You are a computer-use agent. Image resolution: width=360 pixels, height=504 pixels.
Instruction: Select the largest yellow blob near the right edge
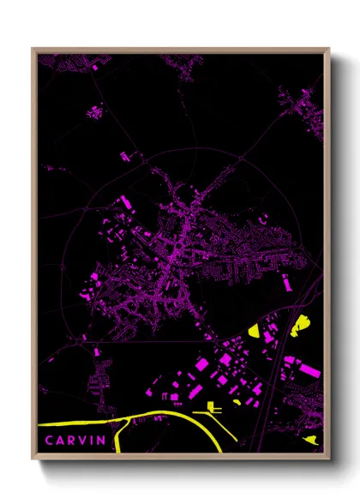coord(301,325)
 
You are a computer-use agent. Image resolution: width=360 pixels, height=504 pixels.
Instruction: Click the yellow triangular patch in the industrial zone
coord(257,330)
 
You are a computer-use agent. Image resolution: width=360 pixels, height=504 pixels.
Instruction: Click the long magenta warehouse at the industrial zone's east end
coord(309,370)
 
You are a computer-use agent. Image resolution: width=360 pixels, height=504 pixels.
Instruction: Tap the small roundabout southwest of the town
coord(82,340)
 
